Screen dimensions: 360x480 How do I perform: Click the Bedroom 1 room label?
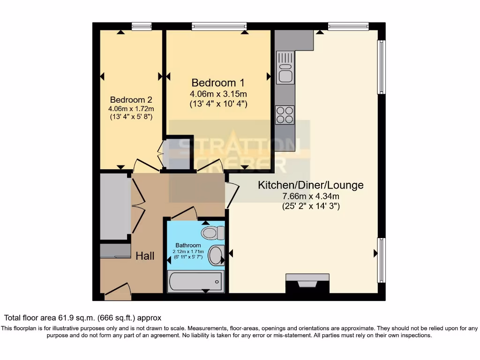217,82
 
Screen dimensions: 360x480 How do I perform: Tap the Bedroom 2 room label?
131,100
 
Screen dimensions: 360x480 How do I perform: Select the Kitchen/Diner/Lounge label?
310,185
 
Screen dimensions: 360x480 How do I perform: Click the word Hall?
145,256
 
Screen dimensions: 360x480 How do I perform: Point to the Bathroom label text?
188,245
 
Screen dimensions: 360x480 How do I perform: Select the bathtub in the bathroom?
196,282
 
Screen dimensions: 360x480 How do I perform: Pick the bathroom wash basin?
216,255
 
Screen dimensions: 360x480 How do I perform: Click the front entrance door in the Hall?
117,292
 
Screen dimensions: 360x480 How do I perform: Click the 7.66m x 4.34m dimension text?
310,196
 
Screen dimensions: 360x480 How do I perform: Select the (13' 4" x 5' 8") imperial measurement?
131,116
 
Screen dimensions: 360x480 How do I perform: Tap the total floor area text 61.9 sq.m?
83,317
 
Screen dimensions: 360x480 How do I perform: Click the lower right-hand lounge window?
382,260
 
